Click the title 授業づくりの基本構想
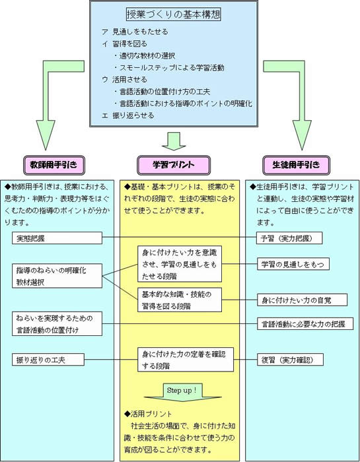click(174, 15)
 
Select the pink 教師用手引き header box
click(54, 165)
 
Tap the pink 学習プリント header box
click(174, 165)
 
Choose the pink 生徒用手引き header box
click(296, 165)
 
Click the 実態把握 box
click(57, 238)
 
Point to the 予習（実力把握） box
click(289, 238)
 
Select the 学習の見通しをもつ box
click(293, 264)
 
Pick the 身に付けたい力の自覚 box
click(302, 300)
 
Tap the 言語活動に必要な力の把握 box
click(305, 324)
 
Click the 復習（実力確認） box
click(290, 360)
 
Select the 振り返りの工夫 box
click(48, 360)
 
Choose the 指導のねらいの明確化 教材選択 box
click(57, 276)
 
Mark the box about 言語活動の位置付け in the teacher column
click(57, 324)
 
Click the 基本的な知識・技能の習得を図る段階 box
click(180, 300)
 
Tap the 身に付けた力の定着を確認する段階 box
click(186, 360)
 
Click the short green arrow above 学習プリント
click(174, 141)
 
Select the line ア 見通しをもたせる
click(135, 32)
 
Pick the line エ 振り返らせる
click(127, 115)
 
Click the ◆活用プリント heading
click(148, 414)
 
